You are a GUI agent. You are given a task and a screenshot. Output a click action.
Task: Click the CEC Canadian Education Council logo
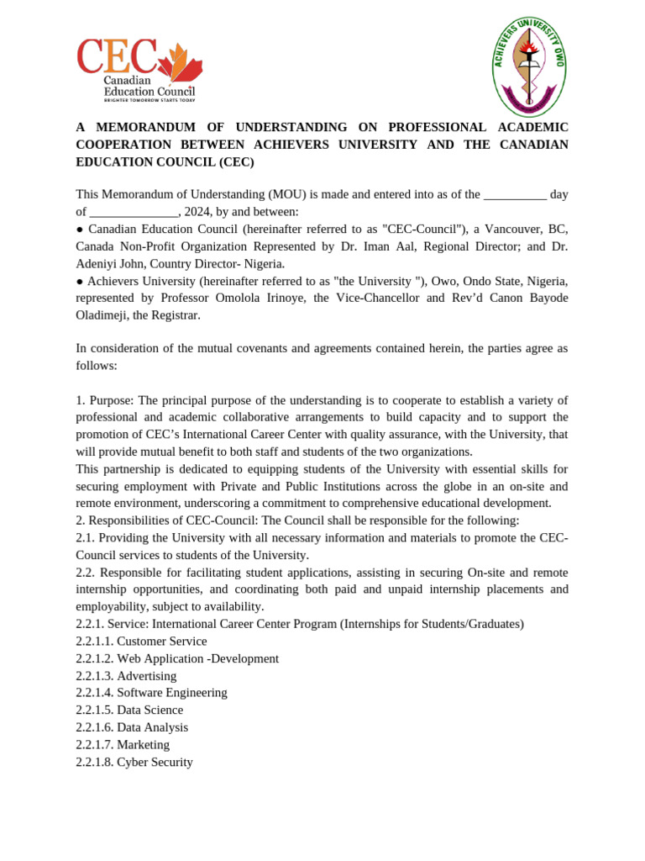(139, 71)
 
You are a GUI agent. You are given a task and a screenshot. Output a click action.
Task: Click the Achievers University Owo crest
(529, 67)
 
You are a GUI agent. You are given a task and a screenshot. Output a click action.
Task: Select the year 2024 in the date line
(197, 211)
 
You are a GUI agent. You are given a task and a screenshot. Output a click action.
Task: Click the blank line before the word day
(515, 194)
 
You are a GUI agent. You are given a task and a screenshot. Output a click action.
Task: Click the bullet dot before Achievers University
(80, 281)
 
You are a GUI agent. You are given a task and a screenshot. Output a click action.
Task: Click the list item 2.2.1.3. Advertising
(126, 676)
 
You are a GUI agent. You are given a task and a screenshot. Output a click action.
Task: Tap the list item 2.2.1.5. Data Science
(129, 710)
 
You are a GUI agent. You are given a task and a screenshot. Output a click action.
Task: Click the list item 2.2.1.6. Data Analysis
(132, 727)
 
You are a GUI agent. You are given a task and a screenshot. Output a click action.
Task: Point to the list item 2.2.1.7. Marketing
(123, 744)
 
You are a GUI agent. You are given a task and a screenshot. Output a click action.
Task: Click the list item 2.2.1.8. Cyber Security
(134, 762)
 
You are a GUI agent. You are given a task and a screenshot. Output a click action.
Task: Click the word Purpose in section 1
(112, 400)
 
